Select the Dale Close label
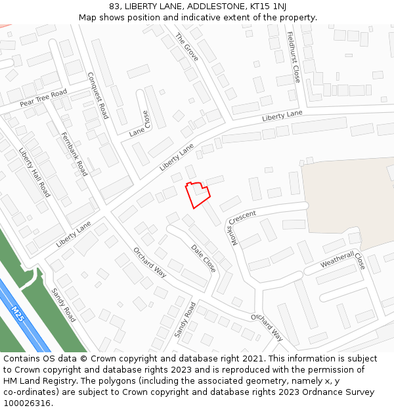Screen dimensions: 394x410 click(x=203, y=258)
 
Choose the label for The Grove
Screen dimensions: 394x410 click(x=186, y=47)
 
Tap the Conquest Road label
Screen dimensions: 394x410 click(x=98, y=95)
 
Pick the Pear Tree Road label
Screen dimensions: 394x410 click(x=43, y=98)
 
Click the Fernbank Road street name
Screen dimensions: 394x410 click(x=74, y=154)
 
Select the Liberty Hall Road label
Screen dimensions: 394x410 click(x=34, y=171)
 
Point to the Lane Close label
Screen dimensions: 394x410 click(x=140, y=122)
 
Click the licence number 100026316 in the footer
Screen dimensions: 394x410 click(x=27, y=403)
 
